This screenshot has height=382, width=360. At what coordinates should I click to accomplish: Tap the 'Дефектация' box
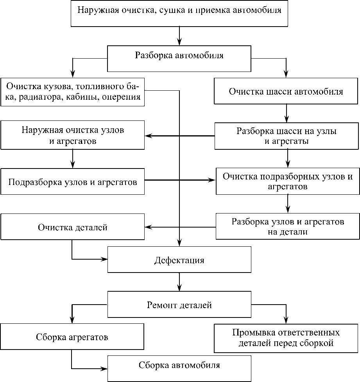(179, 260)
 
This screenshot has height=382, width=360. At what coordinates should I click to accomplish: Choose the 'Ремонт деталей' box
(179, 305)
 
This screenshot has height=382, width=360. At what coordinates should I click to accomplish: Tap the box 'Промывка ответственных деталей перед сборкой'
(286, 338)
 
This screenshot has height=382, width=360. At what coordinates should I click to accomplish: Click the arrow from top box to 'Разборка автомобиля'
(179, 36)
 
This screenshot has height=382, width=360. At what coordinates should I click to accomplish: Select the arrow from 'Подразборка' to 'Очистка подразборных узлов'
(180, 180)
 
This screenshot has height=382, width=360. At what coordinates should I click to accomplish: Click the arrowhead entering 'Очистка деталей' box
(148, 226)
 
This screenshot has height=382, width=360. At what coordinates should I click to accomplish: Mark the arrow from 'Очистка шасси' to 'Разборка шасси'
(287, 113)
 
